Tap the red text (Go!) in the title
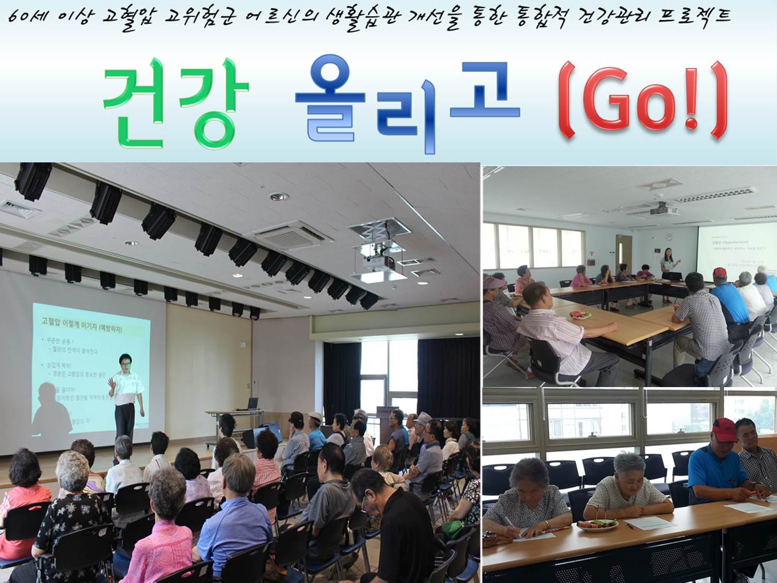pyautogui.click(x=642, y=100)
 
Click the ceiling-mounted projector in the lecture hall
pyautogui.click(x=379, y=262)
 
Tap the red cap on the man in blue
pyautogui.click(x=725, y=429)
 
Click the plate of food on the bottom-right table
pyautogui.click(x=596, y=525)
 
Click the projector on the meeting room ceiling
pyautogui.click(x=663, y=210)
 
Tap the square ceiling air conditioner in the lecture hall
pyautogui.click(x=291, y=236)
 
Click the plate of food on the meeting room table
pyautogui.click(x=579, y=315)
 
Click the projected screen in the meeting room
pyautogui.click(x=737, y=250)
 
